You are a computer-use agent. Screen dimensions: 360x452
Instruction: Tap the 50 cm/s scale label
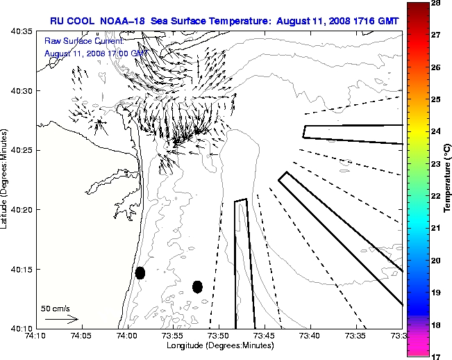tap(56, 308)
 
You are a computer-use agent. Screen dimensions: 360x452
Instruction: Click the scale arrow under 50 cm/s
tap(61, 319)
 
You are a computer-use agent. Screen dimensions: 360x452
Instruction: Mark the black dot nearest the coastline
tap(140, 272)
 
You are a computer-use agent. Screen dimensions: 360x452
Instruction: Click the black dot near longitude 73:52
tap(197, 286)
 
